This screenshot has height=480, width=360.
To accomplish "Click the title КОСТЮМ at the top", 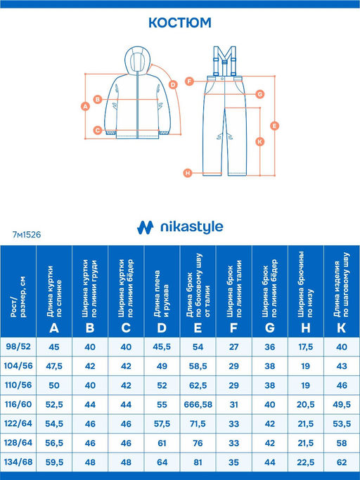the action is click(x=180, y=22).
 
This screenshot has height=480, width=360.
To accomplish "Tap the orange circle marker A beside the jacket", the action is click(x=85, y=106).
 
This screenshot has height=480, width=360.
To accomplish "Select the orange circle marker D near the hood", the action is click(x=173, y=84).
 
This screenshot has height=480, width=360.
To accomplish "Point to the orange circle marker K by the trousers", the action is click(x=260, y=141).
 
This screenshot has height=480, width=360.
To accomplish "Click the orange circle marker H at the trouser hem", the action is click(x=188, y=173).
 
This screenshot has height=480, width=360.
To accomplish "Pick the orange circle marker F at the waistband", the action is click(x=190, y=82).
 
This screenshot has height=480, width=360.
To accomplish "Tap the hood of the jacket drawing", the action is click(x=138, y=60).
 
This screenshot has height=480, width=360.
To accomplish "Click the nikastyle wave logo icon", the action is click(x=145, y=228).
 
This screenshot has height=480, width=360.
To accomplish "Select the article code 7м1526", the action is click(x=27, y=235).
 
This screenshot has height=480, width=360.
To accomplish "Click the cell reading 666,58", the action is click(x=198, y=405).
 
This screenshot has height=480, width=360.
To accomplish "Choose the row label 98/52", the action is click(x=18, y=346).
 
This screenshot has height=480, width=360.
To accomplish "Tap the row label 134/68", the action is click(x=18, y=462).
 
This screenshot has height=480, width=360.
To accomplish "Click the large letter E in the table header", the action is click(x=198, y=328).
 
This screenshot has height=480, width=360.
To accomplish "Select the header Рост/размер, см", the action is click(x=18, y=297).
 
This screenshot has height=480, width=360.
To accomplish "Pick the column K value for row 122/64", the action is click(x=342, y=424).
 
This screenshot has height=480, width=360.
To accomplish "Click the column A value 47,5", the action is click(x=54, y=366).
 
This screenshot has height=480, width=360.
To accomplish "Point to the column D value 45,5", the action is click(x=162, y=347).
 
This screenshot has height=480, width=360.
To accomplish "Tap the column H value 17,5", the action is click(x=305, y=347).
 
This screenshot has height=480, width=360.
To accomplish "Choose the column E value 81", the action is click(x=198, y=462).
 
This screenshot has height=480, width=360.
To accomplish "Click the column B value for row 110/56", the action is click(x=90, y=385).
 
